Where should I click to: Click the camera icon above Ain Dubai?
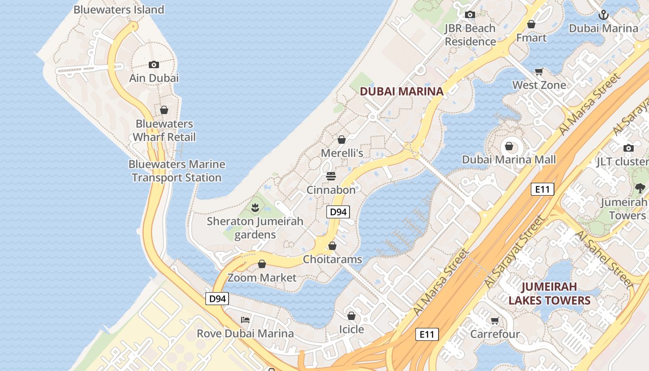point(154,65)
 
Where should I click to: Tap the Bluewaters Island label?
point(119,9)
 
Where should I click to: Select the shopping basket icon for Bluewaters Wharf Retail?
point(164,110)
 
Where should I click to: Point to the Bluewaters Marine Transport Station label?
point(177,171)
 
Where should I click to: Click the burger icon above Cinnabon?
point(331,176)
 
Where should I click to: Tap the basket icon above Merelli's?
point(342,140)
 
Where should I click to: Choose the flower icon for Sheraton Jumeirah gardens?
point(255,208)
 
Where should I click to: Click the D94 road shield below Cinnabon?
point(337,212)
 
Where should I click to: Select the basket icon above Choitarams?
point(332,246)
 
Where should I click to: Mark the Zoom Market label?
point(262,278)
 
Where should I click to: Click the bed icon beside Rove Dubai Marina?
point(245,320)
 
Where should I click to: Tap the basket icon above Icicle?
point(351,316)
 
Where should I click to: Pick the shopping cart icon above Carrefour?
point(495,321)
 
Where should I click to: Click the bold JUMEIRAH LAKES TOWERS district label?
point(549,294)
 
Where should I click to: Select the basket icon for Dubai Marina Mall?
point(509,147)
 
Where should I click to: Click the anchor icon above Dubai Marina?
point(603,15)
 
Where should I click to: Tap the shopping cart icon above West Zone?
point(539,72)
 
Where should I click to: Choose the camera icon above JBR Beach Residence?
point(470,15)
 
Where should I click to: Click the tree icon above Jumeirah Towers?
point(640,188)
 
